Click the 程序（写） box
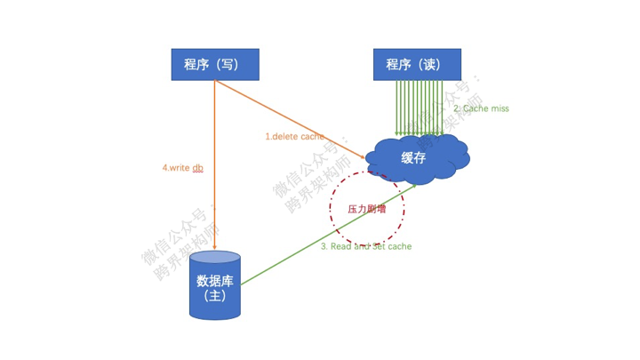pyautogui.click(x=215, y=64)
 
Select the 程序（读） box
pyautogui.click(x=417, y=64)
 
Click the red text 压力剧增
pyautogui.click(x=367, y=210)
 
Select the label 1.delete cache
pyautogui.click(x=295, y=137)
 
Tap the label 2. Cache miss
pyautogui.click(x=481, y=108)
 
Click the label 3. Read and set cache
pyautogui.click(x=366, y=246)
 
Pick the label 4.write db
pyautogui.click(x=183, y=167)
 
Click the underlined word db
pyautogui.click(x=198, y=167)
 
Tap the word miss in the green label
pyautogui.click(x=498, y=108)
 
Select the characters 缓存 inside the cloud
pyautogui.click(x=413, y=157)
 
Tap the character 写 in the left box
pyautogui.click(x=228, y=64)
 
